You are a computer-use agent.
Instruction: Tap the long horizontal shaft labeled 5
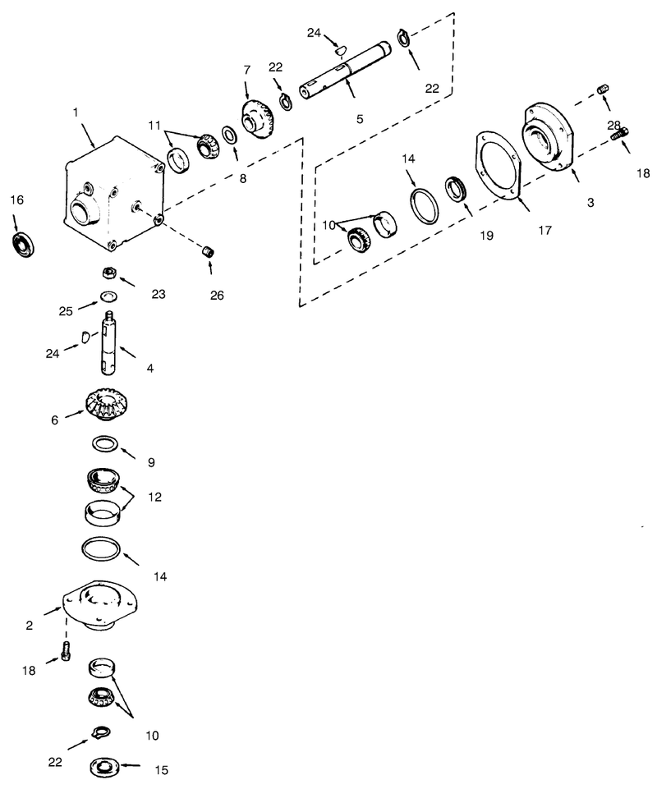coord(345,69)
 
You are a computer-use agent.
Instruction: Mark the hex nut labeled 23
coord(108,273)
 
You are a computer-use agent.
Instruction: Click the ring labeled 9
coord(103,444)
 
